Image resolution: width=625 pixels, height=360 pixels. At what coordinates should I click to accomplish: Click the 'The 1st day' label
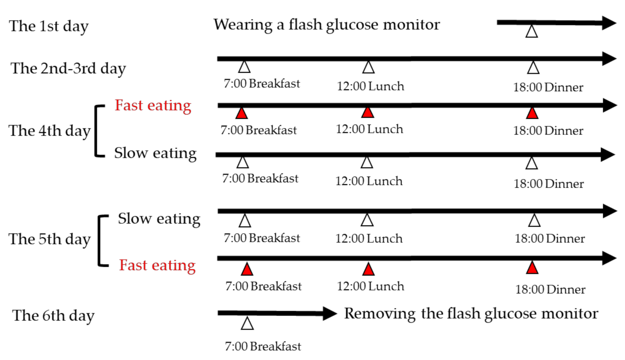(48, 26)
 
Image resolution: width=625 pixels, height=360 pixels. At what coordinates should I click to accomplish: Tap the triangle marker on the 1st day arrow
(532, 32)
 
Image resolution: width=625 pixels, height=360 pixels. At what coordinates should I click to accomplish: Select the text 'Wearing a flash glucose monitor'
(326, 25)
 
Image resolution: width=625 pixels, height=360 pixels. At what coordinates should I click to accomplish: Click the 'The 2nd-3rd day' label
(68, 68)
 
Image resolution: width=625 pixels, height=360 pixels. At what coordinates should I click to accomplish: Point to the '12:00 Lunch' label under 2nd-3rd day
(370, 86)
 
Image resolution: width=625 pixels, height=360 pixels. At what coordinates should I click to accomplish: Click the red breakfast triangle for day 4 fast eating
(242, 114)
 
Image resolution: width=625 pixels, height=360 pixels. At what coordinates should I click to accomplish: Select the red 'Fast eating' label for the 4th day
(153, 105)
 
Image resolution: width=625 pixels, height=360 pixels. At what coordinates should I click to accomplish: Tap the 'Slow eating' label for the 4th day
(155, 153)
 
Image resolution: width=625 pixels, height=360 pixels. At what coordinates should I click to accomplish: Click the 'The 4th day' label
(49, 131)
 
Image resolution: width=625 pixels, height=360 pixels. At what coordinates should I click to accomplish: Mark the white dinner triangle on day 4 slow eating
(532, 164)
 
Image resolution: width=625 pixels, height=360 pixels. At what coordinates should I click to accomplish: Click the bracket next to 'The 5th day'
(101, 241)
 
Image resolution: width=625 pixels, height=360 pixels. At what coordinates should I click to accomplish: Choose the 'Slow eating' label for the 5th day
(159, 219)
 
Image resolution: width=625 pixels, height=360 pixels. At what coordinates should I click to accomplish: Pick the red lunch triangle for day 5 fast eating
(368, 269)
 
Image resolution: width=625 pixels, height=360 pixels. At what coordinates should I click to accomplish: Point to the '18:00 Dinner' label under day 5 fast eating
(550, 290)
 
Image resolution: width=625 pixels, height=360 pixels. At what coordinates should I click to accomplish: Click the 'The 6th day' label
(53, 316)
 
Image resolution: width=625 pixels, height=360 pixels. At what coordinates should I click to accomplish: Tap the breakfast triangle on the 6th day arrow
(247, 324)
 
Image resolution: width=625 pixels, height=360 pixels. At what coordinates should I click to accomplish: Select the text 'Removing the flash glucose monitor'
(471, 314)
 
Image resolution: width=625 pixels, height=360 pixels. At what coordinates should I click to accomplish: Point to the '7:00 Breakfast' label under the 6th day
(263, 346)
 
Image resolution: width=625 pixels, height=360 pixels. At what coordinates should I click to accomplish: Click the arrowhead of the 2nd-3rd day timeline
(609, 59)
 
